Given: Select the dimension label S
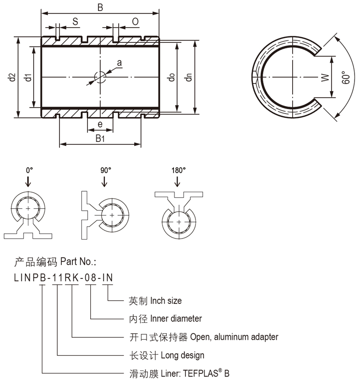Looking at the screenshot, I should [75, 21].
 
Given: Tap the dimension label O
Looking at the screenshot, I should [135, 21].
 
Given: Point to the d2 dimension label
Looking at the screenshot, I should [11, 77].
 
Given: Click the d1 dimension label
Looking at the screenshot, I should [28, 77].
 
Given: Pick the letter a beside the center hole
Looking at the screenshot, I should [119, 63].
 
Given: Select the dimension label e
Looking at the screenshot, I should [100, 124].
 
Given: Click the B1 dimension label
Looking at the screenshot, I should [100, 138].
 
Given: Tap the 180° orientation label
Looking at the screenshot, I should [179, 170].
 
